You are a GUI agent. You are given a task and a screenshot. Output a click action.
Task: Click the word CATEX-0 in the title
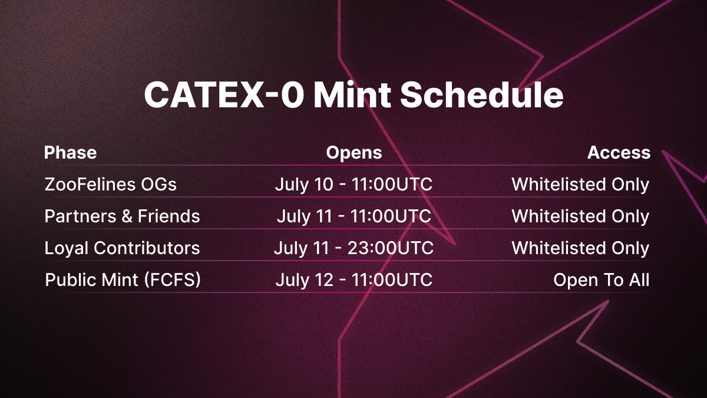[224, 95]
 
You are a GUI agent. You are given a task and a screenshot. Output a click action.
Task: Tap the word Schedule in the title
[482, 95]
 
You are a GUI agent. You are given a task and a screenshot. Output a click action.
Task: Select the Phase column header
[70, 153]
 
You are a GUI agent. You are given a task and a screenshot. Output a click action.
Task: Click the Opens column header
[354, 153]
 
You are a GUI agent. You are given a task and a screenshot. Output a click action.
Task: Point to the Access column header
[619, 153]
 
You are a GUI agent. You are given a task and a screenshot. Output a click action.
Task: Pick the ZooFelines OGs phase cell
[111, 185]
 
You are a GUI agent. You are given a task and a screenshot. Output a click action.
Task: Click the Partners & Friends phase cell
[122, 216]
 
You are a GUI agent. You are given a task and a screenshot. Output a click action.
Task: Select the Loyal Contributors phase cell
[122, 248]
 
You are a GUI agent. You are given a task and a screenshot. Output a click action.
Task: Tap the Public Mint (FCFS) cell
[123, 280]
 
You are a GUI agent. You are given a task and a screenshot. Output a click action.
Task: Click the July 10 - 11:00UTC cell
[353, 185]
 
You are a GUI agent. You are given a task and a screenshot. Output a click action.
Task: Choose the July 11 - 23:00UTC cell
[353, 249]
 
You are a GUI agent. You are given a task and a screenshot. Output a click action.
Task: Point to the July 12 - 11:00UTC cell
[354, 281]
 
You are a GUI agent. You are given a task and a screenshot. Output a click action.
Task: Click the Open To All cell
[602, 280]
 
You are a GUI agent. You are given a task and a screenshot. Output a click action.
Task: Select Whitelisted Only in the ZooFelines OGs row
[580, 185]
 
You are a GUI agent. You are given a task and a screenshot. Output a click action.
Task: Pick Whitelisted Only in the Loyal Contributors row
[580, 249]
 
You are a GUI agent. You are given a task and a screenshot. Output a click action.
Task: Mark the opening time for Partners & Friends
[354, 217]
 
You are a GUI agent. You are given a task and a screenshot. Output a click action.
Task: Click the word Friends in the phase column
[169, 216]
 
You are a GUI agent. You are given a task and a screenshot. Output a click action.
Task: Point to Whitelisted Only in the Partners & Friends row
[580, 217]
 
